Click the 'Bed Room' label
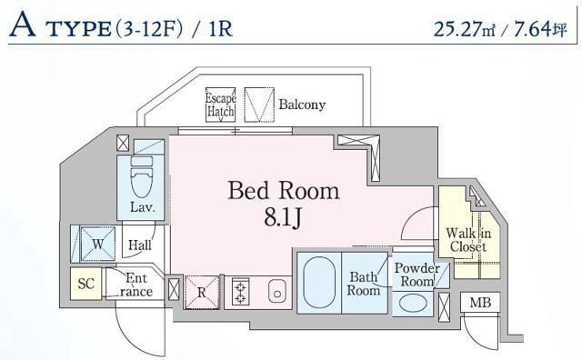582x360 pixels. point(283,191)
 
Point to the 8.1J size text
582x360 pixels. point(283,217)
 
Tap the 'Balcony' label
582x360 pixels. point(301,105)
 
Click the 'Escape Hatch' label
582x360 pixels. point(220,105)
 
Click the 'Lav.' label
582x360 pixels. point(140,207)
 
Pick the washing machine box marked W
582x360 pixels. point(96,243)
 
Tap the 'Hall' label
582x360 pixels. point(139,245)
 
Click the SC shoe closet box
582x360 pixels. point(86,284)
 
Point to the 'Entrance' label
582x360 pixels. point(136,285)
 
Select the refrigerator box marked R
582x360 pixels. point(202,292)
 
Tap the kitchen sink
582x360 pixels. point(277,292)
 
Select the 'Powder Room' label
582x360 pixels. point(416,275)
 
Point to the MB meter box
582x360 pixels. point(477,303)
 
